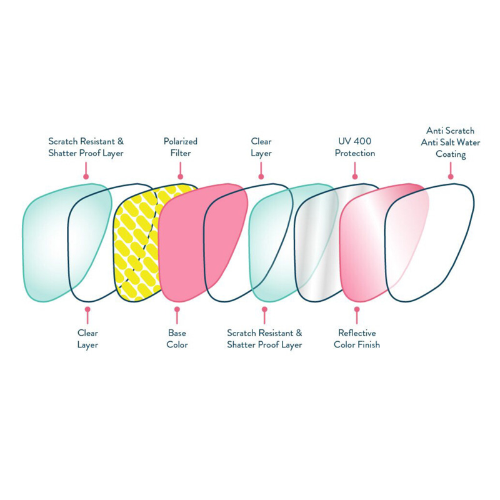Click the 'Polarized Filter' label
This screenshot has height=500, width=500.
click(x=181, y=147)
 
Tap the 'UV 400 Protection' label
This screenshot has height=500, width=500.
click(x=355, y=147)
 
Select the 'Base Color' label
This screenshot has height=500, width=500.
click(x=177, y=339)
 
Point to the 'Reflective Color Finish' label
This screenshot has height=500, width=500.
click(x=357, y=339)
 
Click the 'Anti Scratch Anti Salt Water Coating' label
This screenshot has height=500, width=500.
click(x=450, y=142)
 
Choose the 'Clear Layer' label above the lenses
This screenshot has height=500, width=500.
click(x=261, y=147)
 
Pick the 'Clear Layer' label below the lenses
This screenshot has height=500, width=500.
click(x=87, y=339)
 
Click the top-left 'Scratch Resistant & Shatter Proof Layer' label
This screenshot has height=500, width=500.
click(x=86, y=147)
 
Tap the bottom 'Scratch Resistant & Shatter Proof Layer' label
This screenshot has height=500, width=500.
click(x=264, y=339)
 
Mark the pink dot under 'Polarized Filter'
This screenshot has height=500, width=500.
click(x=181, y=176)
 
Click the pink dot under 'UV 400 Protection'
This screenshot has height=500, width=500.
click(x=355, y=176)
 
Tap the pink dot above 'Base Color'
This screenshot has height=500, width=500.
click(x=177, y=309)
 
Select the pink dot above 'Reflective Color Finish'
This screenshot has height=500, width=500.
click(x=357, y=309)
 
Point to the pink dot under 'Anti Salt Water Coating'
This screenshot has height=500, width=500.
click(x=450, y=176)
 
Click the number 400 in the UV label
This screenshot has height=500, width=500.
click(x=363, y=141)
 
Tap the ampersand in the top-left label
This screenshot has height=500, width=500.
click(x=120, y=141)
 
